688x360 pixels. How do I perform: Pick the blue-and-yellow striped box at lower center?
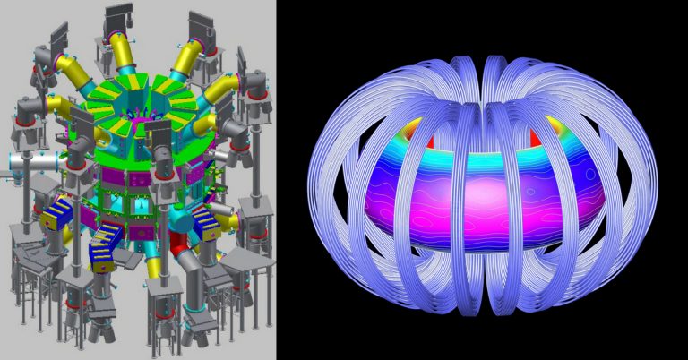(107, 244)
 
